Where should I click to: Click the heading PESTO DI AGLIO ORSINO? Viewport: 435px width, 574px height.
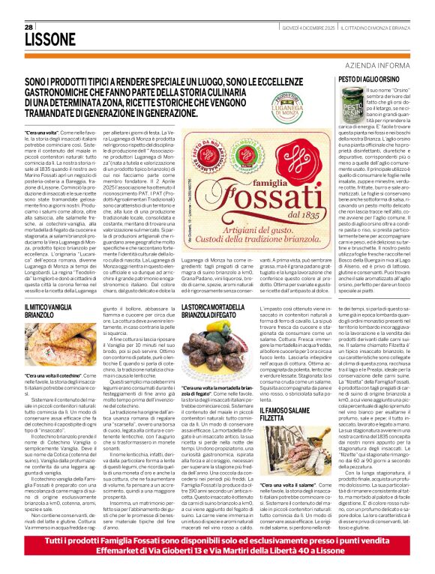371,79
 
